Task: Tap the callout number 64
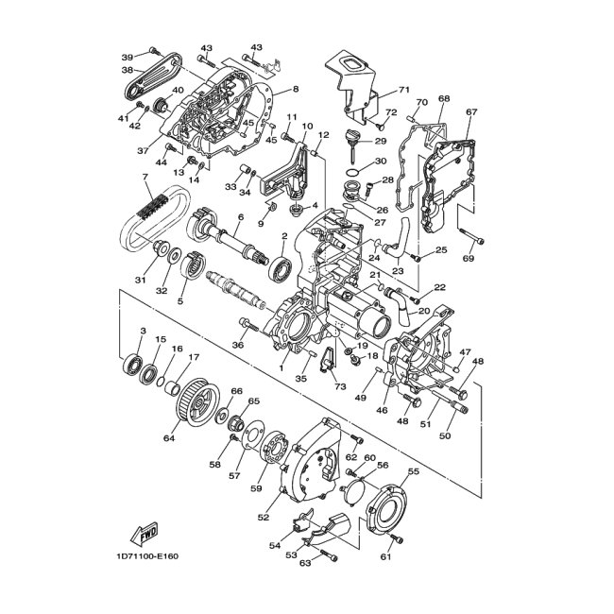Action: [170, 437]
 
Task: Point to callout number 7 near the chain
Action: [145, 177]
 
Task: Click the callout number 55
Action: [413, 470]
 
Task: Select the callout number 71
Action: [404, 90]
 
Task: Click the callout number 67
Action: [471, 111]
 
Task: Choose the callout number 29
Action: [381, 141]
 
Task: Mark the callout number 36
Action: [238, 345]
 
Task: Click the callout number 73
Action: [339, 387]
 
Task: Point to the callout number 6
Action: [241, 218]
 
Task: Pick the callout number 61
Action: [386, 556]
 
